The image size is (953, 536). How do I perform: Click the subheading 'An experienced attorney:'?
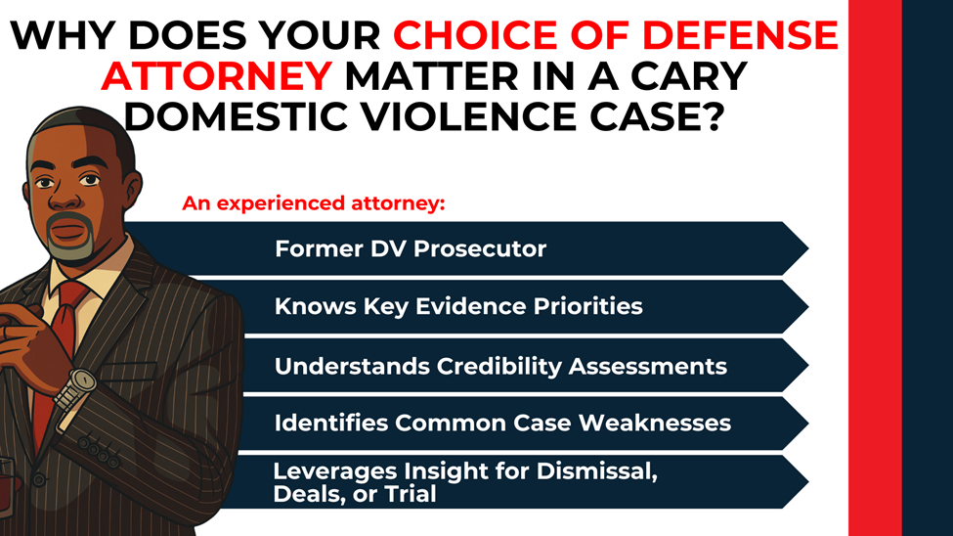pos(313,204)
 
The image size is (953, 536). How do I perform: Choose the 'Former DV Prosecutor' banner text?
pos(410,248)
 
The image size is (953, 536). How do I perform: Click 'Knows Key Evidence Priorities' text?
pos(458,306)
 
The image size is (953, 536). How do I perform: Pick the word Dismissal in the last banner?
pos(595,471)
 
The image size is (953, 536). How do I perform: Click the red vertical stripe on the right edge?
pos(874,268)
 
